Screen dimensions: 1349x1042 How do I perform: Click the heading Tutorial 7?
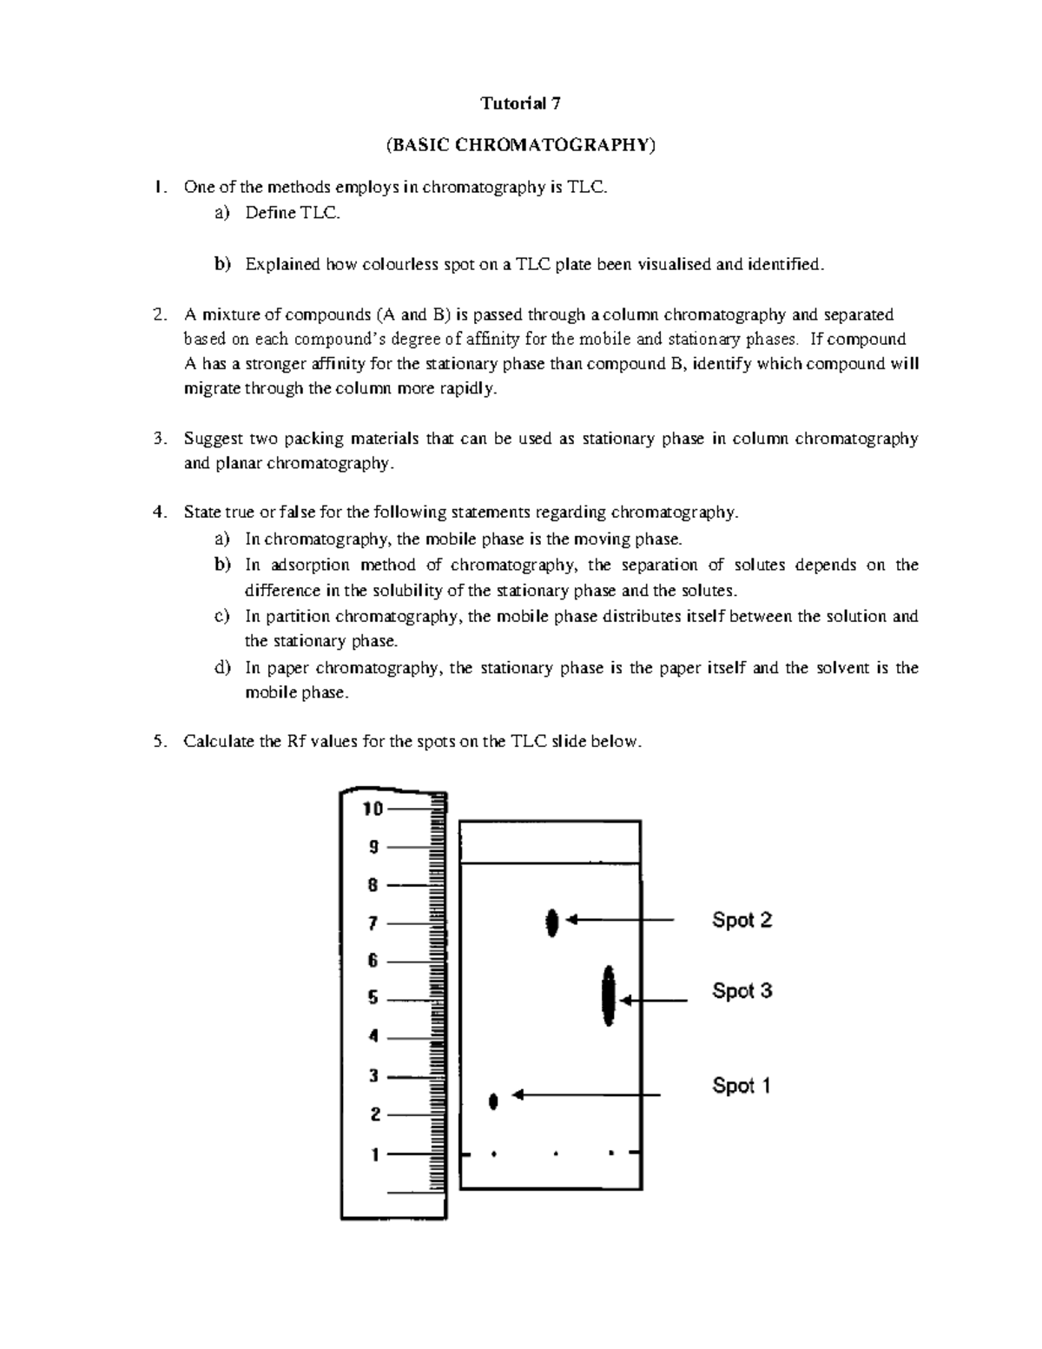coord(521,103)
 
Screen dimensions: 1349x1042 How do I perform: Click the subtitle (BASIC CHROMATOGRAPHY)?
coord(521,145)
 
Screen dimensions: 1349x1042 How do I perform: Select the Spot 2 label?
coord(742,920)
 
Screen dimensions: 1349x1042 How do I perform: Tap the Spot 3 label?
coord(742,990)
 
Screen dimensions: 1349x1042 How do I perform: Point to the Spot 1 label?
coord(741,1085)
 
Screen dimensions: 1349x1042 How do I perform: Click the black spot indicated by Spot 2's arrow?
coord(551,922)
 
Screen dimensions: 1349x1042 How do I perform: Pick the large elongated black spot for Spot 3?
coord(609,996)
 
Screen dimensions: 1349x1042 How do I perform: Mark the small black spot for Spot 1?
coord(493,1101)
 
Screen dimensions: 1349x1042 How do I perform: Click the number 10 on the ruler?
coord(373,809)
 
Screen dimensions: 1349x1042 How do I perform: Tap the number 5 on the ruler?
coord(373,998)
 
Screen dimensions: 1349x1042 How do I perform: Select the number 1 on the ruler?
coord(375,1154)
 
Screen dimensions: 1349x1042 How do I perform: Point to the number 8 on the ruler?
coord(373,886)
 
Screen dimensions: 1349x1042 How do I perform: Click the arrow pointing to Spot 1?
coord(586,1095)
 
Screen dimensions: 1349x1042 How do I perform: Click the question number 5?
coord(158,742)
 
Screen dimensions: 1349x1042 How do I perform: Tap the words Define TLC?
coord(292,213)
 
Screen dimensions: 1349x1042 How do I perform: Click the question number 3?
coord(158,439)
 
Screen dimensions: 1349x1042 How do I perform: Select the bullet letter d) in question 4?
coord(222,667)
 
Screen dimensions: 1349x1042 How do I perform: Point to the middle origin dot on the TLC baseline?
coord(555,1154)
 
